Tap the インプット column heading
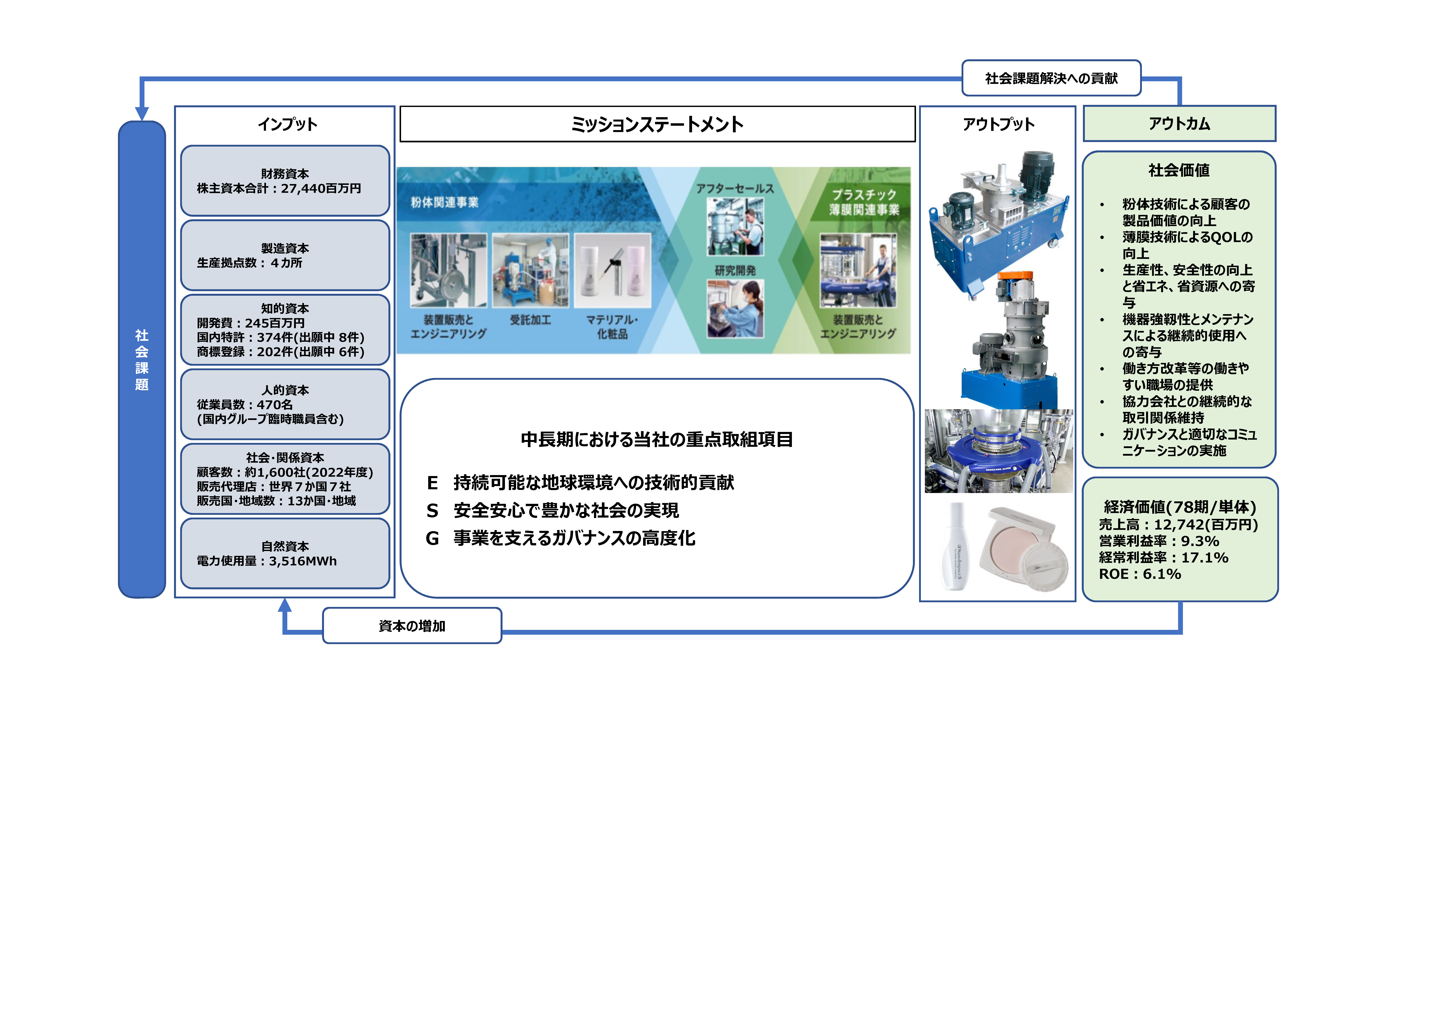pyautogui.click(x=287, y=124)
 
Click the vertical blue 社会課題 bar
pyautogui.click(x=142, y=359)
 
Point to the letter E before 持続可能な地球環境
pyautogui.click(x=432, y=483)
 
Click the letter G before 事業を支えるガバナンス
pyautogui.click(x=432, y=538)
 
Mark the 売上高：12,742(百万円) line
pyautogui.click(x=1178, y=524)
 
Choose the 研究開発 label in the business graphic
pyautogui.click(x=735, y=270)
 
